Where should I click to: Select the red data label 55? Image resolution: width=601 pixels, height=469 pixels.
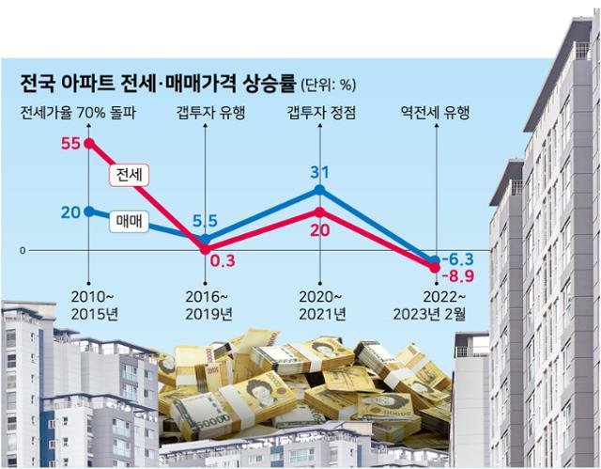tap(68, 144)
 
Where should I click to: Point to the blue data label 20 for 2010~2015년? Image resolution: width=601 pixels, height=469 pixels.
tap(69, 211)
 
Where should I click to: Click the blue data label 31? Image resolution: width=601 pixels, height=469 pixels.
tap(319, 173)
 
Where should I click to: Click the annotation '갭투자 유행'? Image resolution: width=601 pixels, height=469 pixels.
tap(207, 114)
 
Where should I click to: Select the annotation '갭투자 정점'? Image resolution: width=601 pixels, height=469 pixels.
tap(319, 114)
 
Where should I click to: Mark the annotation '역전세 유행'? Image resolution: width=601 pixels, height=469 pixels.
tap(435, 114)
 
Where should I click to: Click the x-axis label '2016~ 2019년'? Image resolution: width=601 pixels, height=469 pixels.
tap(205, 304)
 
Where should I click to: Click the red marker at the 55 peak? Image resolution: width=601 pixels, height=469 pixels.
tap(88, 144)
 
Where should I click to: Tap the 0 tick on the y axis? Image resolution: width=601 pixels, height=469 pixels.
tap(22, 251)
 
